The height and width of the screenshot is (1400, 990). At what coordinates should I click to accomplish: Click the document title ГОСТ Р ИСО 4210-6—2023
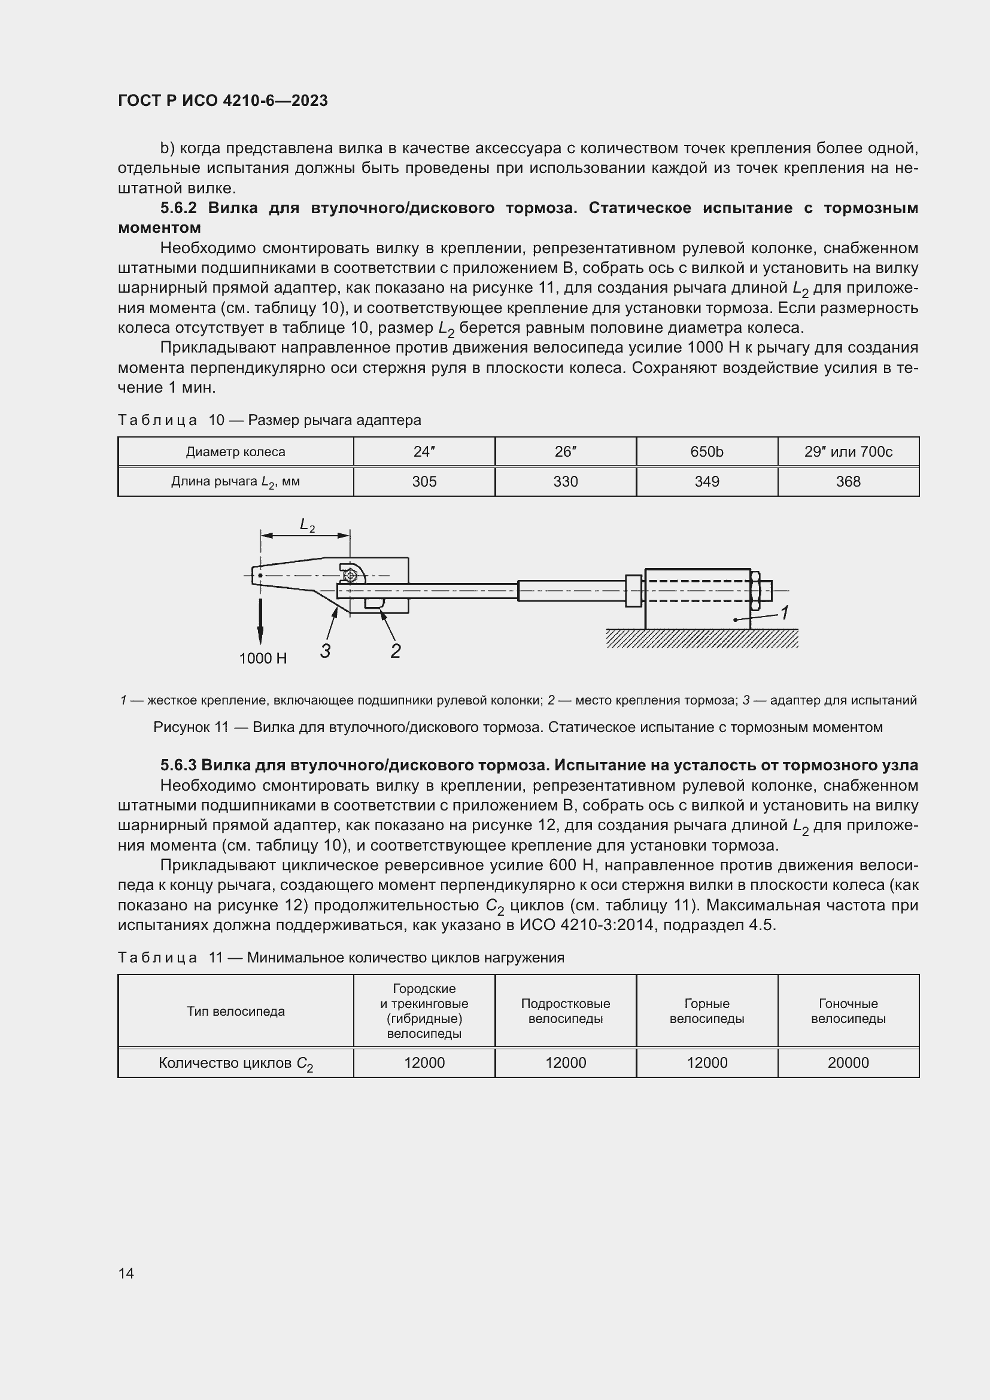[223, 101]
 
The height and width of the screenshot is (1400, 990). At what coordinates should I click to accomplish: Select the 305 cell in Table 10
[424, 482]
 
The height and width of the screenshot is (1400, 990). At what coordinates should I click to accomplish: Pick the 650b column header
[706, 452]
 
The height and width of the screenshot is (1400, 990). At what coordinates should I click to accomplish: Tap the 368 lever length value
[848, 482]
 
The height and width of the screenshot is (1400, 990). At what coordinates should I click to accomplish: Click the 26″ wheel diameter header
[565, 452]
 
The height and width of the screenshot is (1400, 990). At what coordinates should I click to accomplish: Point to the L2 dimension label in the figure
[307, 525]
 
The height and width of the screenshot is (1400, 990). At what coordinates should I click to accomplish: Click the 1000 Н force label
[263, 658]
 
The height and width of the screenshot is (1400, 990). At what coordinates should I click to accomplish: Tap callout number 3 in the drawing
[326, 651]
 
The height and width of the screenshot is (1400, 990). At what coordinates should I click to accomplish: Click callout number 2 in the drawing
[395, 651]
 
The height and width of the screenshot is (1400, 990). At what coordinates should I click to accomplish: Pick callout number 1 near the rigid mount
[785, 613]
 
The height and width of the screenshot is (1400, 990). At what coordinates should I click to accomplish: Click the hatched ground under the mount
[701, 639]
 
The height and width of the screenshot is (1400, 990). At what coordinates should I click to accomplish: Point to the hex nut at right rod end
[756, 590]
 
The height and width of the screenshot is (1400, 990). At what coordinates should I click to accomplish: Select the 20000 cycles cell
[848, 1063]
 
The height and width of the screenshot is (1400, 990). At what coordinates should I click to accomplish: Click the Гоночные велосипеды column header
[848, 1011]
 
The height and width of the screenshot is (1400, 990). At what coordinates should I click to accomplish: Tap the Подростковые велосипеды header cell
[565, 1011]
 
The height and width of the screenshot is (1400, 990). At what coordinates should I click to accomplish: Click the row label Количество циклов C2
[235, 1064]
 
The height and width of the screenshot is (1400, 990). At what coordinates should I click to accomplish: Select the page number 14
[126, 1273]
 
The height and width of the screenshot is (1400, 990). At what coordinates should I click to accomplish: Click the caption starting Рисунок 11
[518, 727]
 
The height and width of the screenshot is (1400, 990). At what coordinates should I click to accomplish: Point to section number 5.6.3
[178, 766]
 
